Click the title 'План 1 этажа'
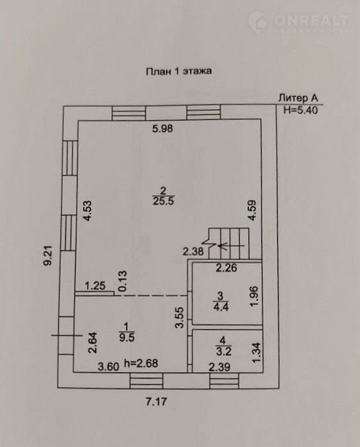pos(178,71)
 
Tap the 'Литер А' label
pos(298,98)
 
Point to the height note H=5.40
pos(300,110)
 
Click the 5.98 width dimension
pos(162,128)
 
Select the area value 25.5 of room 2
pos(163,201)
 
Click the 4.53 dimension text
pos(87,211)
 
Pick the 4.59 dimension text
pos(252,210)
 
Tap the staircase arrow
pos(230,246)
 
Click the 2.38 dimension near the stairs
pos(193,251)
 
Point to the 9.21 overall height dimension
pos(48,256)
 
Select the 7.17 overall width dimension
pos(157,402)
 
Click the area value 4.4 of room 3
pos(221,307)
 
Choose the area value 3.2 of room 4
pos(223,351)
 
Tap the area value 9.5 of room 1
pos(126,337)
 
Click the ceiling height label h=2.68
pos(141,363)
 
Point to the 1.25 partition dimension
pos(95,285)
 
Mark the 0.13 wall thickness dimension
pos(123,281)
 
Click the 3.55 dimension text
pos(180,317)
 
